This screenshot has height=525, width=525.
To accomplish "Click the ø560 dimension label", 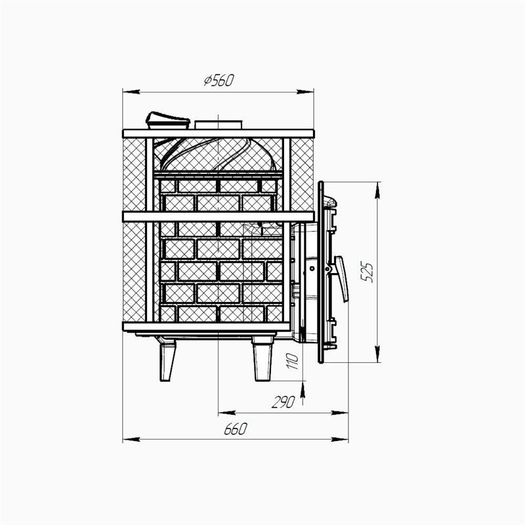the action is click(x=219, y=80).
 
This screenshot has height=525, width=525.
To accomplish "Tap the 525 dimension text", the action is click(x=367, y=272).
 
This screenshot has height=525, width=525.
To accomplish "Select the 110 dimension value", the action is click(x=292, y=361).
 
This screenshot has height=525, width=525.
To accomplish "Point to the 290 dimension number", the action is click(x=283, y=402).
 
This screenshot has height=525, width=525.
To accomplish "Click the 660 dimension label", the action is click(x=236, y=429).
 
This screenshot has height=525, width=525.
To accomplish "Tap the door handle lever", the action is click(x=341, y=279).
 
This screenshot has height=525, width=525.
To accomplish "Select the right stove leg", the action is click(x=263, y=358).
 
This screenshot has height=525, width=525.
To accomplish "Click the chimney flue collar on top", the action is click(x=219, y=125).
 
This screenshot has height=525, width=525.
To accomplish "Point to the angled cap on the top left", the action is click(x=168, y=120).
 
